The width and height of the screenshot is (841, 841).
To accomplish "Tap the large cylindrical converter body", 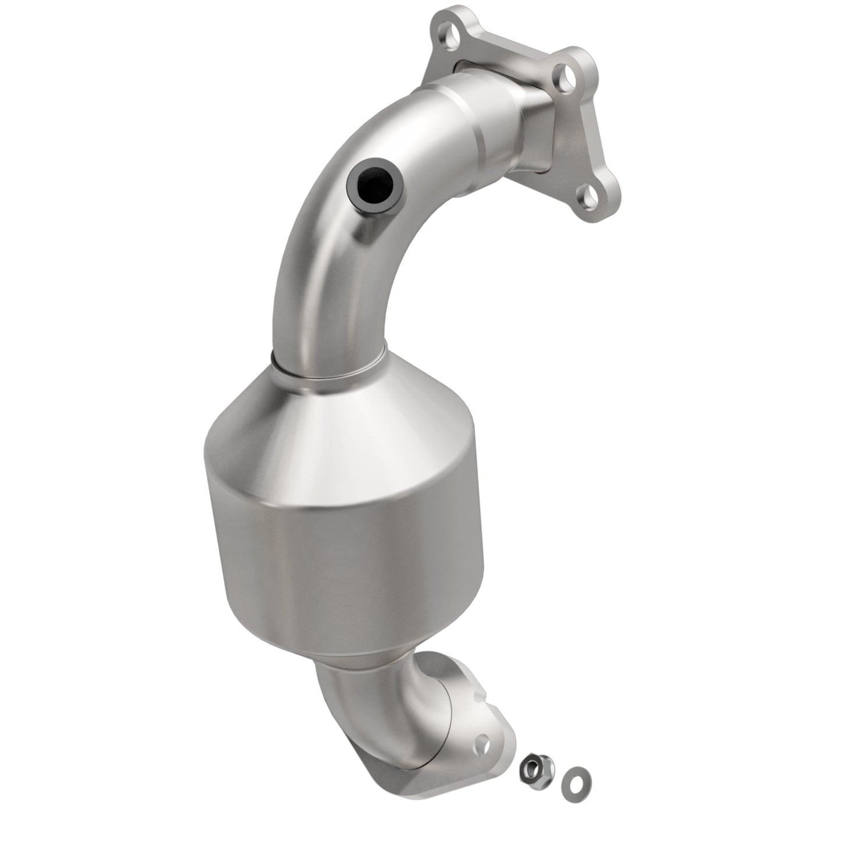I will click(343, 547).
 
